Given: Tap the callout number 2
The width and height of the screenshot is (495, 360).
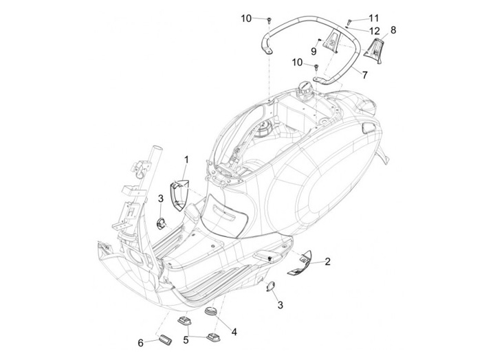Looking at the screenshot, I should [328, 261].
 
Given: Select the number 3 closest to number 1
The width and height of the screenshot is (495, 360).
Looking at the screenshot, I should [160, 199].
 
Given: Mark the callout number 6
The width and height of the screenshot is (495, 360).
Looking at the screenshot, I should [142, 342].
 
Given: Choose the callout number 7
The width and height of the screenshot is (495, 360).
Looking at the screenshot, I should [365, 74].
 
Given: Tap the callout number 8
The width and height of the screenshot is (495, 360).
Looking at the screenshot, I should [393, 30].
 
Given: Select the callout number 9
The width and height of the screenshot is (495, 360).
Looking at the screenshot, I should [313, 51].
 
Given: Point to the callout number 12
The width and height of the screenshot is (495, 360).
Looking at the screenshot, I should [374, 31].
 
